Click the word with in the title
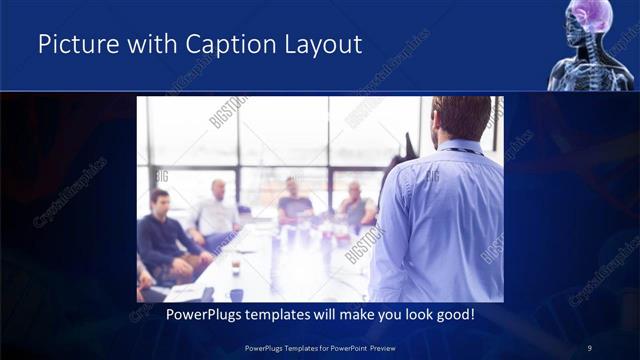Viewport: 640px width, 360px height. coord(144,44)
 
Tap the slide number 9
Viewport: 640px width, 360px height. coord(589,348)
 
